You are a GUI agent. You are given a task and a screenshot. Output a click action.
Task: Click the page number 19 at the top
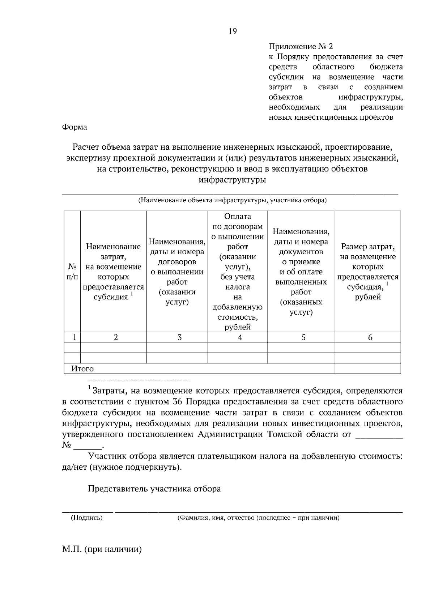point(232,31)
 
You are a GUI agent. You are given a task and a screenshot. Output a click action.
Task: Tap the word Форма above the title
point(75,127)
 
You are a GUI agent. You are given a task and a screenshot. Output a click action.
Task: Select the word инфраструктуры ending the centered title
point(232,180)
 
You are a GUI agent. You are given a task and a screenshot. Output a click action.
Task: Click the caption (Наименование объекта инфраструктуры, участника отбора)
point(232,200)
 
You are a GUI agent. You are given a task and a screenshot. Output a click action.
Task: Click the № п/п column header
point(72,272)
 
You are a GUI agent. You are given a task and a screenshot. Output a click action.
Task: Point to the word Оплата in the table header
point(237,216)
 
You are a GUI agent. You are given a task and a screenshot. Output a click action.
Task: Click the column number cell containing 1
point(75,337)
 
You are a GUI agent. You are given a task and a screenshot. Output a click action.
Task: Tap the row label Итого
point(82,369)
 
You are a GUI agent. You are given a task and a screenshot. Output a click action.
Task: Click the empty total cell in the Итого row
point(368,369)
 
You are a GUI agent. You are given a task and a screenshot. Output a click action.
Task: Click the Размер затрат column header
point(368,272)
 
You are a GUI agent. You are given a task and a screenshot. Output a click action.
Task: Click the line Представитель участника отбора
point(154,489)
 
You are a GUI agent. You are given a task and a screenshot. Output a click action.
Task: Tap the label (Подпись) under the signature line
point(87,518)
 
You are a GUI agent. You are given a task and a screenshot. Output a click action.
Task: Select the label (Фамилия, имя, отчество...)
point(258,518)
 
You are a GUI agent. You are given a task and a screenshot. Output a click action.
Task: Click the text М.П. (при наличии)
point(102,550)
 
